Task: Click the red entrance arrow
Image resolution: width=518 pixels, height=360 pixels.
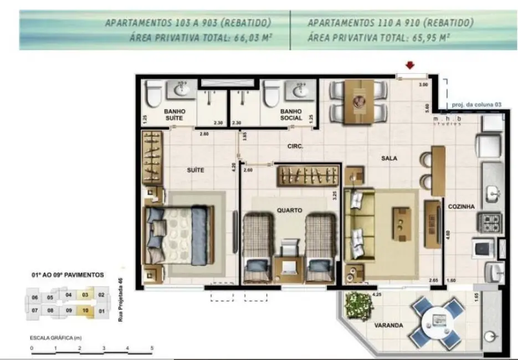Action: (x=409, y=66)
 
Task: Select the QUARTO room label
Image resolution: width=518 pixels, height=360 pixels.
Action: (x=289, y=210)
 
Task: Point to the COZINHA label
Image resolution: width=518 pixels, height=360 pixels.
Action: (x=461, y=207)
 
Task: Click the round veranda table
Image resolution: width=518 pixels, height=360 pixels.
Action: (x=438, y=320)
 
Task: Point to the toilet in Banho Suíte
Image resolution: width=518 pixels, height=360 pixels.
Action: (x=155, y=96)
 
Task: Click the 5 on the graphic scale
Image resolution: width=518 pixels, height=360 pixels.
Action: (x=152, y=349)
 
